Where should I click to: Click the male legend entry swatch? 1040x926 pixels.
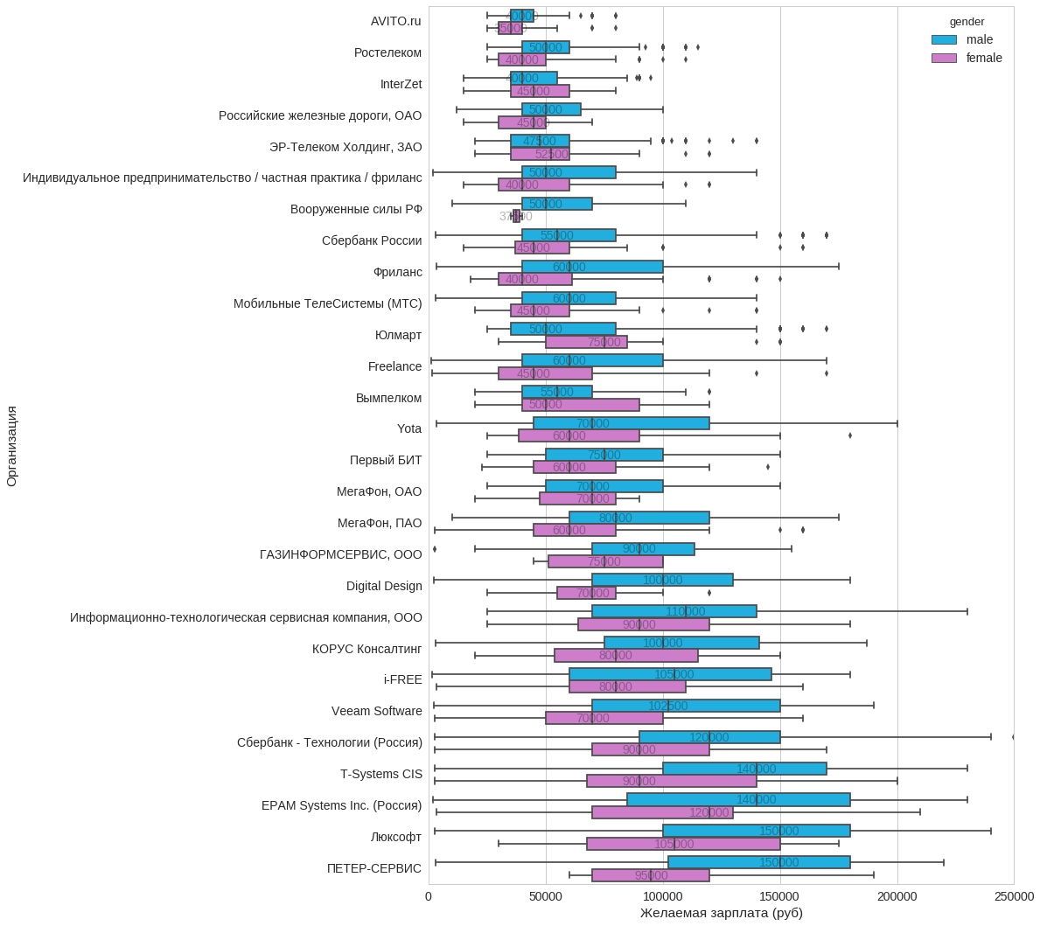point(944,39)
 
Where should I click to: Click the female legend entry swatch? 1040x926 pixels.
point(944,58)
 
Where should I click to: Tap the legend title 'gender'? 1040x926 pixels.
point(967,21)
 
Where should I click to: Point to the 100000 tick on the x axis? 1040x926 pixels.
point(663,895)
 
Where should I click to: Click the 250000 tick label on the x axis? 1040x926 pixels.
point(1014,895)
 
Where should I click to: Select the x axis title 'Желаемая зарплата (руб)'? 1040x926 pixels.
point(721,913)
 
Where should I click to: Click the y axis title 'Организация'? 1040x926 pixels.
point(11,445)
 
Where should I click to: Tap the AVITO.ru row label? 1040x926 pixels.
point(395,21)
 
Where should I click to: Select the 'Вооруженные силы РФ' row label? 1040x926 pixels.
point(356,209)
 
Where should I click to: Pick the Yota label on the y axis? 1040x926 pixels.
point(409,428)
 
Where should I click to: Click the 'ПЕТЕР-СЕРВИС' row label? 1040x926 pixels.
point(373,868)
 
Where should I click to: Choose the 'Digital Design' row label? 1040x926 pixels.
point(384,586)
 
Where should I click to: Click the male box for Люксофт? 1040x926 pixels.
point(756,831)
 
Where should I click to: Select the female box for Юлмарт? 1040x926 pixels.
point(586,342)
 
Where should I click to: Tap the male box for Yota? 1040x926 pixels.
point(621,423)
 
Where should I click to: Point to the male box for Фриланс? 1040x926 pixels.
point(592,267)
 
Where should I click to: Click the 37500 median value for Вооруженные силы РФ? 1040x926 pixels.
point(516,216)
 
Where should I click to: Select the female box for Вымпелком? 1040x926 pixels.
point(581,405)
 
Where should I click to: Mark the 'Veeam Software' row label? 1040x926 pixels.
point(376,711)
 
